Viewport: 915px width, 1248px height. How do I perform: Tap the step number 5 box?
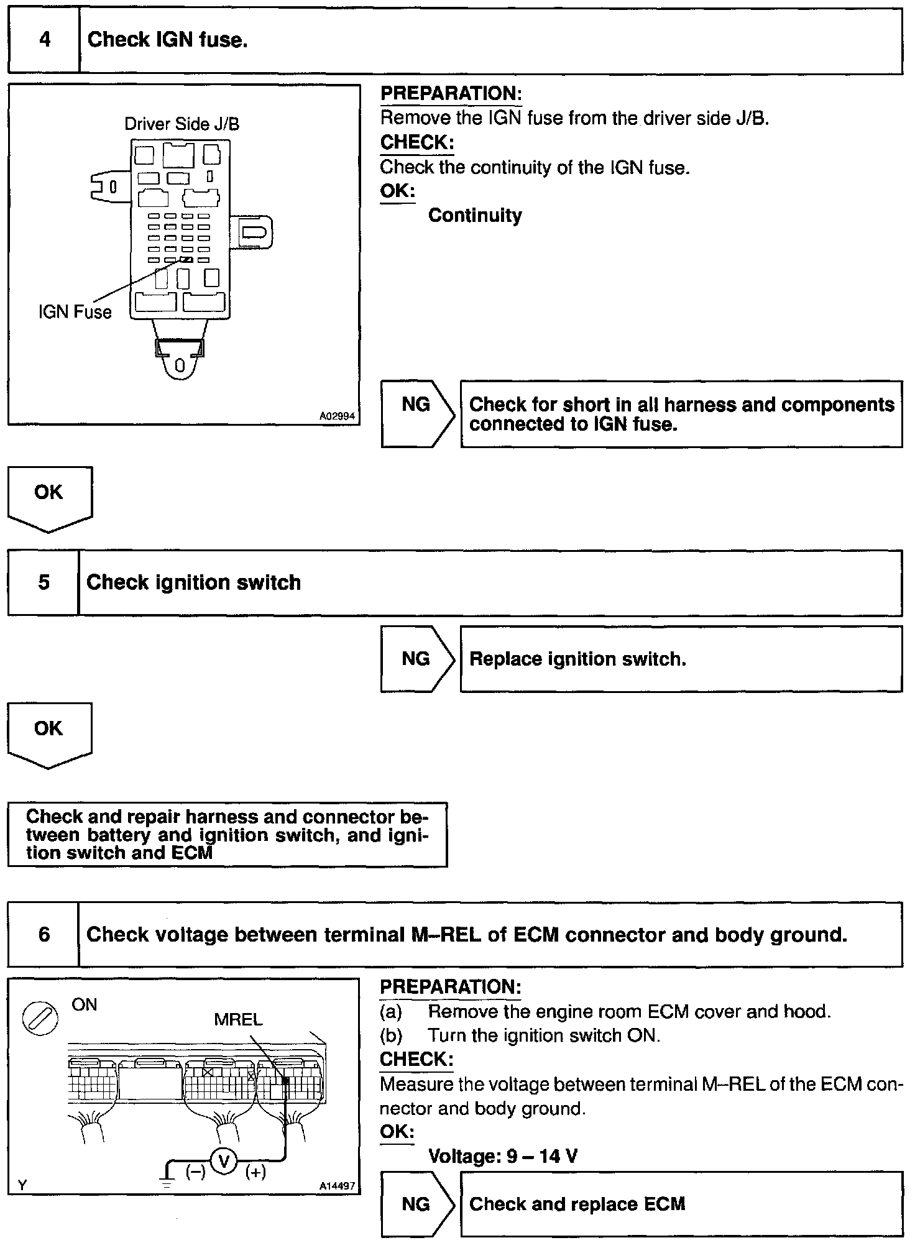point(44,583)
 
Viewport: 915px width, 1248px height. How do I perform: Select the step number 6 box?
point(44,934)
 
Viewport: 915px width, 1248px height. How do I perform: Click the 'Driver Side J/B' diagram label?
point(182,124)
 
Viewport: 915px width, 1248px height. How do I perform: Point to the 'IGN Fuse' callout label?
point(75,312)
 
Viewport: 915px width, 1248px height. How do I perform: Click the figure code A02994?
point(338,416)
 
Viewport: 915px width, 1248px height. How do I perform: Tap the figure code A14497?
point(337,1186)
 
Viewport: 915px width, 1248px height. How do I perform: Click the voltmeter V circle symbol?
point(224,1160)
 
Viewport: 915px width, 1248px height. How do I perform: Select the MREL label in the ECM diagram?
point(238,1020)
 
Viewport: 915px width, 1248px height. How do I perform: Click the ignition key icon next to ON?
point(40,1019)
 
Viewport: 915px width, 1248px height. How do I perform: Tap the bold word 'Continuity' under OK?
point(475,216)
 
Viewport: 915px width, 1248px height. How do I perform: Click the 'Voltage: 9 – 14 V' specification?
point(503,1156)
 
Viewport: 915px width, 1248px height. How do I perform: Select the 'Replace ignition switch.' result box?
point(681,659)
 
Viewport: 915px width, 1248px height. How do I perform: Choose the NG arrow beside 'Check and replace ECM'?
point(417,1204)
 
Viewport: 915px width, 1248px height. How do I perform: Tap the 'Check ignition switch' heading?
point(193,583)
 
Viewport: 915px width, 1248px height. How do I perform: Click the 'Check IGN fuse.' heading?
point(167,40)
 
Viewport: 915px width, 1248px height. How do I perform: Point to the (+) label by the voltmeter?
point(255,1172)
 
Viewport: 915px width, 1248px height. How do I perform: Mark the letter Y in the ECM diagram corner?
point(22,1185)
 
